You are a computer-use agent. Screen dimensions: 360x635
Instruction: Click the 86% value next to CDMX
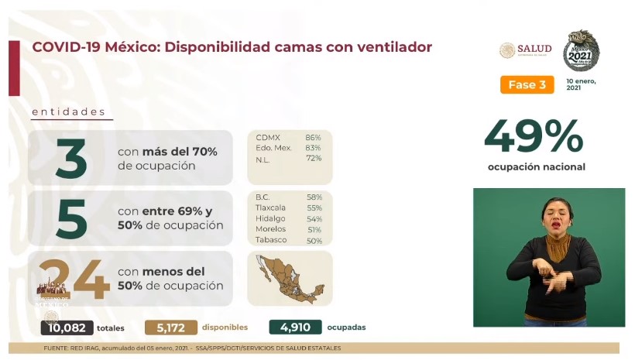(313, 138)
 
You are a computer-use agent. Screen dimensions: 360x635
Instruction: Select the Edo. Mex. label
(273, 148)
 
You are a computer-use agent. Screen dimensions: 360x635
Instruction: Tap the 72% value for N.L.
(313, 158)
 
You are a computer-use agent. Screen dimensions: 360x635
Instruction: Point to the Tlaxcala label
(270, 208)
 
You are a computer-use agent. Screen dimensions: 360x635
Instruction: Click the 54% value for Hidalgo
(313, 219)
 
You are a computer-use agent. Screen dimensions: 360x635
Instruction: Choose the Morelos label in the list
(270, 229)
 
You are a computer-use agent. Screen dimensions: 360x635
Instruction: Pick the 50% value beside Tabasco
(313, 240)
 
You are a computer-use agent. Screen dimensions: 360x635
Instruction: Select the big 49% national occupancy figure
(535, 138)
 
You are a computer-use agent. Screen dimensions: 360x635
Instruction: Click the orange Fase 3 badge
(527, 84)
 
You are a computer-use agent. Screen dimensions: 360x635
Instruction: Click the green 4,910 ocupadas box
(295, 327)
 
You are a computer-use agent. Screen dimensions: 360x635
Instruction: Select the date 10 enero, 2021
(580, 84)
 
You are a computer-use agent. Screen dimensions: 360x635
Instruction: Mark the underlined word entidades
(68, 112)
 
